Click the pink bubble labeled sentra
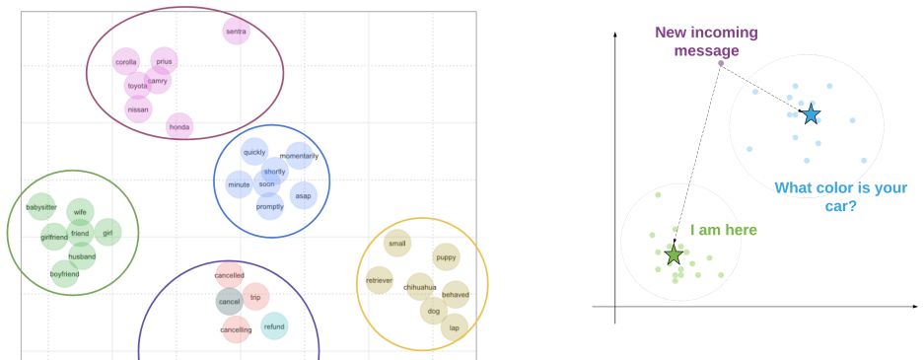coord(237,31)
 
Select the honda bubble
coord(179,126)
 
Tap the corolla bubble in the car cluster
coord(126,62)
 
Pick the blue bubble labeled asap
coord(304,195)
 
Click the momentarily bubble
coord(300,156)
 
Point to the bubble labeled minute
coord(240,184)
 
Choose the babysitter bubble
coord(41,207)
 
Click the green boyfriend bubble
coord(65,274)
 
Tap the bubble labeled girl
coord(107,233)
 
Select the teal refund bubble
coord(274,326)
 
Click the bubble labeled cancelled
coord(230,275)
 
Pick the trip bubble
coord(255,297)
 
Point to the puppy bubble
coord(446,256)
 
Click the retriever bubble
coord(379,280)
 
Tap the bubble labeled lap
coord(455,327)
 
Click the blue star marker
coord(812,114)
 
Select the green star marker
coord(674,255)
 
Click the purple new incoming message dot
coord(721,63)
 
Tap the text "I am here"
coord(724,230)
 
